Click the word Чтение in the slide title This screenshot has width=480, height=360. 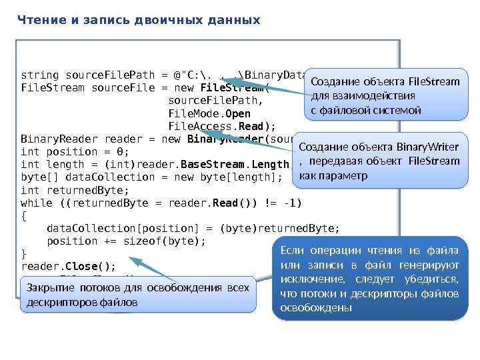click(39, 20)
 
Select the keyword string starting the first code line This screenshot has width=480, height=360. click(39, 75)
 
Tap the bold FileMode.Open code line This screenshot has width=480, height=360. click(209, 113)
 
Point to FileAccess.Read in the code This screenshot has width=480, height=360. click(221, 126)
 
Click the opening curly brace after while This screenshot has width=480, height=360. click(24, 215)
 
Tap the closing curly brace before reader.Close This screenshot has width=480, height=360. click(24, 254)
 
